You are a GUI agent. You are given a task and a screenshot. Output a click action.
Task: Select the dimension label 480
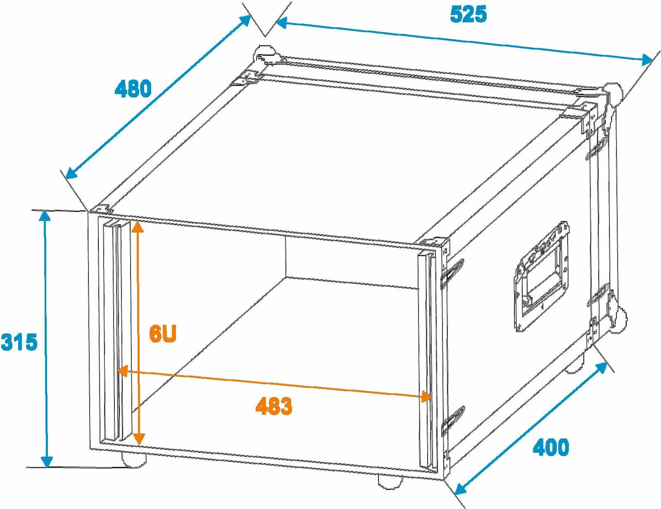coord(133,88)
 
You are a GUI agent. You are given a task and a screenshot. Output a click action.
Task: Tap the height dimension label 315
coord(19,342)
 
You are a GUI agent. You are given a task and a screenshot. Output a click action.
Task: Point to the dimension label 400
coord(551,447)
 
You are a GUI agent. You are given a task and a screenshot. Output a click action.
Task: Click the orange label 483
coord(274,406)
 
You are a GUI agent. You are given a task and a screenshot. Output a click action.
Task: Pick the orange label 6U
coord(163,334)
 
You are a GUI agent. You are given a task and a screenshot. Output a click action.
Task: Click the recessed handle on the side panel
coord(542,276)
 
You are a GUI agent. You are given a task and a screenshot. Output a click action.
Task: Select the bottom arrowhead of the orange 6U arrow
coord(139,438)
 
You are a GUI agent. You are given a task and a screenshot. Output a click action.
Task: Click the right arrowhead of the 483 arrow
coord(426,397)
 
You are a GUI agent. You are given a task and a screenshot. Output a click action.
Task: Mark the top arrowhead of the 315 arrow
coord(45,217)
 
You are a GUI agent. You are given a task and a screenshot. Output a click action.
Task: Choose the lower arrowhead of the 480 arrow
coord(71,173)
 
